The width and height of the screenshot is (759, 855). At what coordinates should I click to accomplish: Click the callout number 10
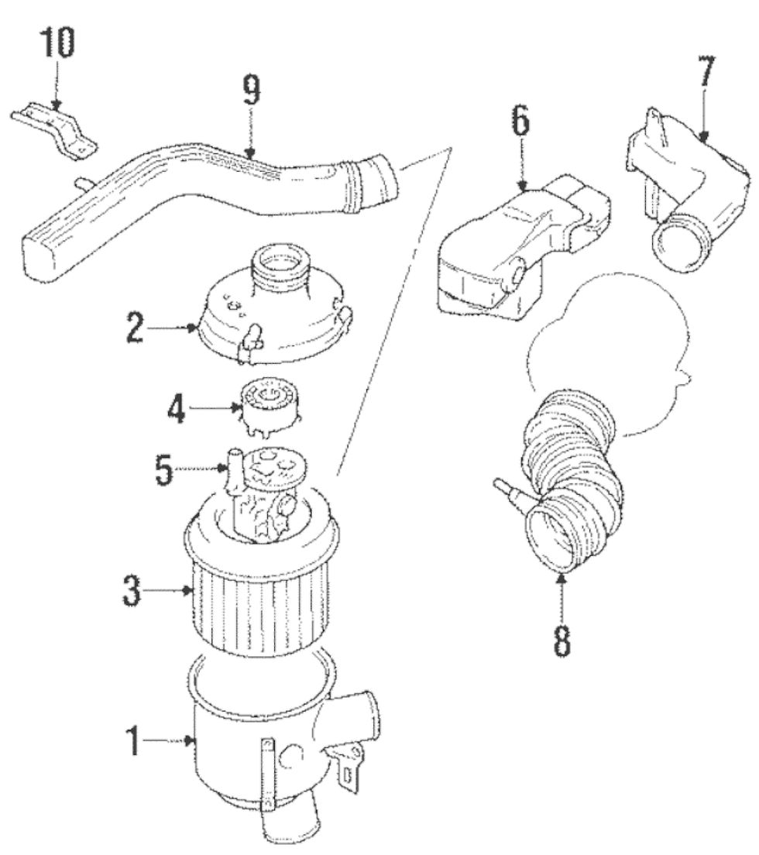59,46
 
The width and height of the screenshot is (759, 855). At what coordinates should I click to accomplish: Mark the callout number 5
163,470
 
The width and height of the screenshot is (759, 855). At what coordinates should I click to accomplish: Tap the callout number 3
134,590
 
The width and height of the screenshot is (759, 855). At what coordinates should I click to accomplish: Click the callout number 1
134,741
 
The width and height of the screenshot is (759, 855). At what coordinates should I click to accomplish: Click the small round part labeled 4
271,407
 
